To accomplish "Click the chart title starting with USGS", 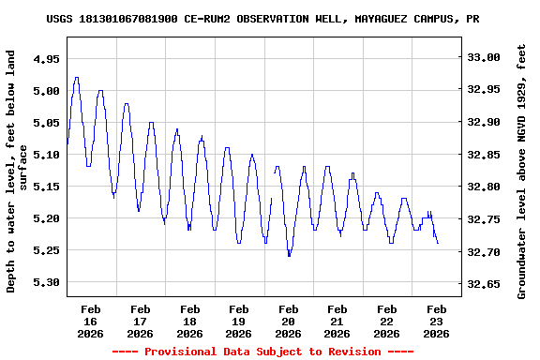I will coord(269,19).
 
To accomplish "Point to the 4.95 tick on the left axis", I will coord(46,58).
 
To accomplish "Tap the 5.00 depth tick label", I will coord(46,91).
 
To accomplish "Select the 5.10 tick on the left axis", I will coord(46,155).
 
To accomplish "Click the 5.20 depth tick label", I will coord(46,218).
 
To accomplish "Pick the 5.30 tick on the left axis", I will coord(46,282).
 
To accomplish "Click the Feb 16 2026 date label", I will coord(91,321).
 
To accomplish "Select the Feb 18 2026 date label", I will coord(189,321).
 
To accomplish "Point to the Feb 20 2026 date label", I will coord(288,321).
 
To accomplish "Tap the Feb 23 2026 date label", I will coord(436,321).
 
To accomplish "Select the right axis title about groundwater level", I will coord(522,171).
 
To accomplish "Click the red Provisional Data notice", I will coord(263,352).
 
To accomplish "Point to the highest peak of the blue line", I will coord(76,78).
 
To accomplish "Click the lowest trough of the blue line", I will coord(289,255).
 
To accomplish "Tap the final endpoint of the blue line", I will coord(438,243).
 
